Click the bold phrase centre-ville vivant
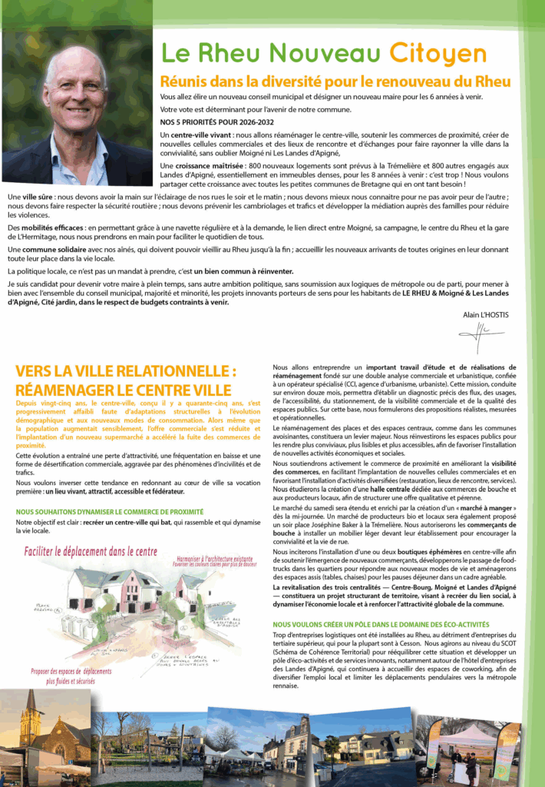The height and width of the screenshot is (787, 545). pos(205,134)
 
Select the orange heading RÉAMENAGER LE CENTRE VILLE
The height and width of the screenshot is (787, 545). pos(123,390)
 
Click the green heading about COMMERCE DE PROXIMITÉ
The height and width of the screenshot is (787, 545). pos(110,511)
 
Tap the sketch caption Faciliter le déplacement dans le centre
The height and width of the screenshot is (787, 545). pos(91,551)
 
